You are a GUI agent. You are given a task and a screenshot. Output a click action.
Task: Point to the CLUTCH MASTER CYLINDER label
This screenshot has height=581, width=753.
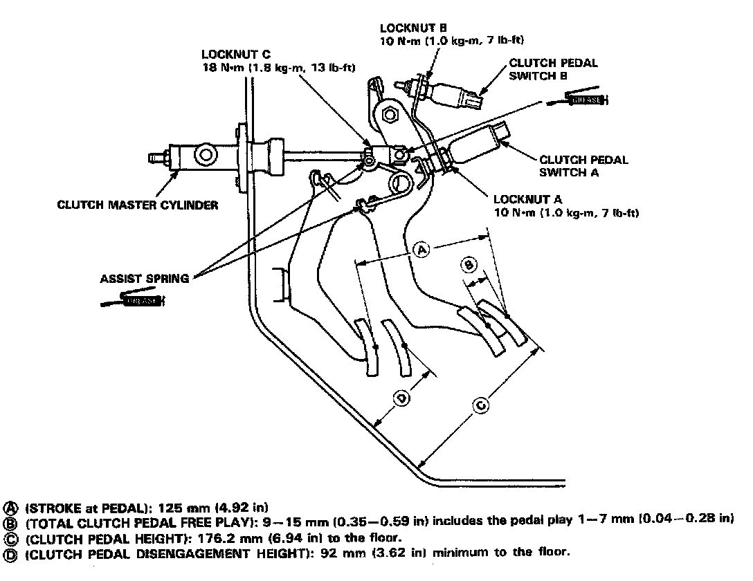tap(138, 205)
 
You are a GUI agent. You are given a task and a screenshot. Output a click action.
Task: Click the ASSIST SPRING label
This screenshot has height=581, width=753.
tap(144, 279)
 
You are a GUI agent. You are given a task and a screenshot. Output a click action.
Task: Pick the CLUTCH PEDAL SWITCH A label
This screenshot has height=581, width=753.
tap(583, 165)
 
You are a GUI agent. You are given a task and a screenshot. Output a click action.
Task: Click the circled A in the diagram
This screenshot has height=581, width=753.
tap(422, 248)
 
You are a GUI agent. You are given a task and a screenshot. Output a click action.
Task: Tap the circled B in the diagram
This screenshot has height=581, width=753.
tap(469, 264)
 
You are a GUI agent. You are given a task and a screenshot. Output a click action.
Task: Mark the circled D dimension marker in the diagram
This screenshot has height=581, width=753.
tap(402, 398)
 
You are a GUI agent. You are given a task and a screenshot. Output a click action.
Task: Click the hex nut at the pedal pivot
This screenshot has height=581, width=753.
tap(389, 112)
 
